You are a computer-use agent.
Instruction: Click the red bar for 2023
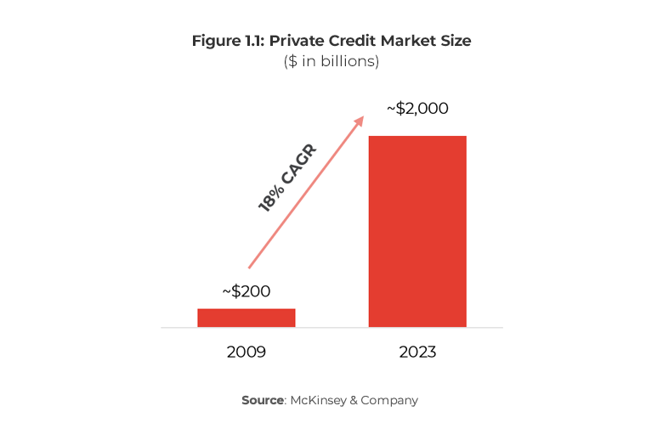coord(417,231)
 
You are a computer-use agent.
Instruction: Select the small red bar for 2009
coord(246,318)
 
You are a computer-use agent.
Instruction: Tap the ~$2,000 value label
coord(417,109)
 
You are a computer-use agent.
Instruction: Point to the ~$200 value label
coord(246,291)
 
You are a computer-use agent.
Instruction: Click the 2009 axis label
coord(246,351)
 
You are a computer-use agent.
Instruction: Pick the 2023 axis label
coord(417,351)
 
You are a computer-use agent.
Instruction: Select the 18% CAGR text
coord(287,178)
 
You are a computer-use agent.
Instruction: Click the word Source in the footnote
coord(263,400)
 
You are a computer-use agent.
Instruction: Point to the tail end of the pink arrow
coord(249,267)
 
